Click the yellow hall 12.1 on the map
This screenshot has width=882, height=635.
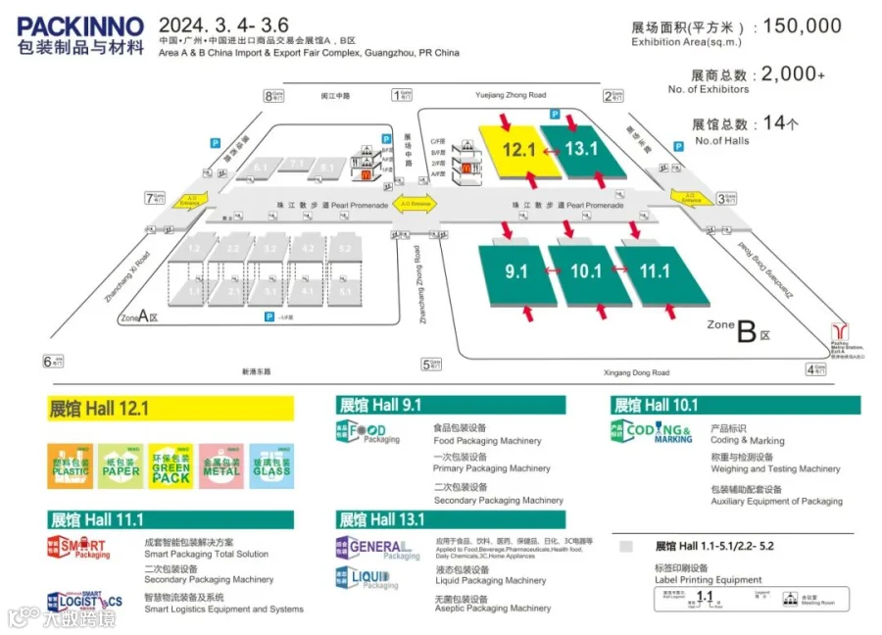(x=517, y=150)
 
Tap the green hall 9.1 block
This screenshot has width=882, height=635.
(x=516, y=271)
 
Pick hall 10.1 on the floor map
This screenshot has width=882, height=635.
(x=585, y=271)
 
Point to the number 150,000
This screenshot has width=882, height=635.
(x=802, y=26)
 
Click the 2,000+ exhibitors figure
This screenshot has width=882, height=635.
(x=793, y=74)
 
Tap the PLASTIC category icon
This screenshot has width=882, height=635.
(x=70, y=464)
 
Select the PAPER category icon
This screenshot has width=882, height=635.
(x=121, y=464)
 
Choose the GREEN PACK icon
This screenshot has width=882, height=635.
(x=171, y=464)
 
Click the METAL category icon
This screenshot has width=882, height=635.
(x=220, y=464)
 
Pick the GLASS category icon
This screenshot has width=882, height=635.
(x=271, y=464)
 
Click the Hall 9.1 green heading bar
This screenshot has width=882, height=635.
(x=450, y=405)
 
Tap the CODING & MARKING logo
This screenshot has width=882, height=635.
(x=652, y=432)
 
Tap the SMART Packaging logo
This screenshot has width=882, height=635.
(x=79, y=548)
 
